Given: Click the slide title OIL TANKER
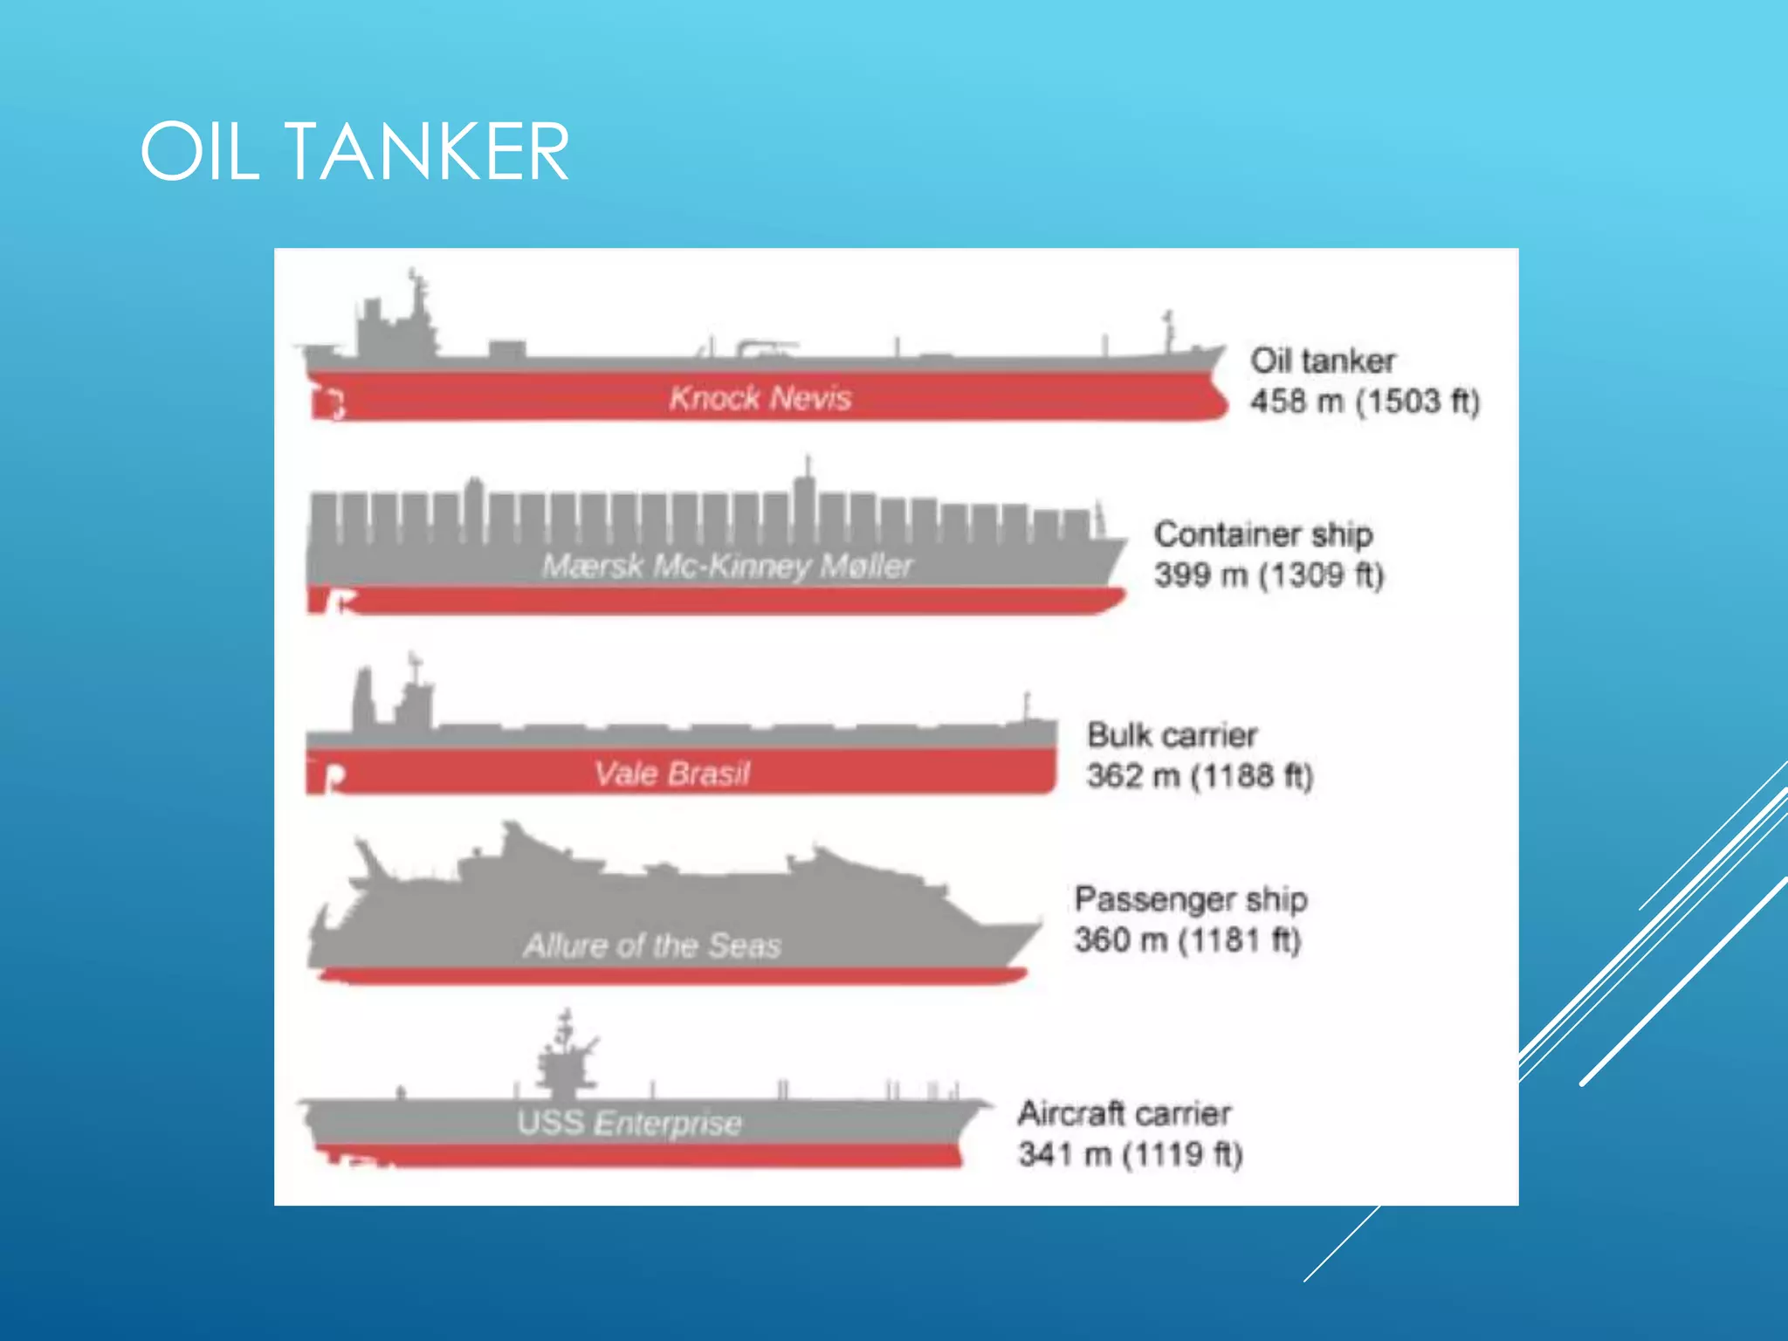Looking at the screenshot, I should pyautogui.click(x=354, y=152).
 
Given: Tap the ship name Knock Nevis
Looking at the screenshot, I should pyautogui.click(x=760, y=398).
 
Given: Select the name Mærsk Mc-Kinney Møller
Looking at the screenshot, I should pyautogui.click(x=727, y=566).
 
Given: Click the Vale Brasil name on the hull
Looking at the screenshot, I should pyautogui.click(x=672, y=774).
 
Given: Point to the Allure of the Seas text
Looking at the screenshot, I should pyautogui.click(x=651, y=946).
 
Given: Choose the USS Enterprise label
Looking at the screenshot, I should pyautogui.click(x=629, y=1123).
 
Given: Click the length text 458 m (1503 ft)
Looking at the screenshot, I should pyautogui.click(x=1365, y=402).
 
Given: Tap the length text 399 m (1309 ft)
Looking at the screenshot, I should pyautogui.click(x=1269, y=574).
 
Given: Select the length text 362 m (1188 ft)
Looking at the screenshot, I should pyautogui.click(x=1200, y=775).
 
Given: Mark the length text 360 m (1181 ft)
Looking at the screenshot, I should pyautogui.click(x=1187, y=940).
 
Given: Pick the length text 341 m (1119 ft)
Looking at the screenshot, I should pyautogui.click(x=1131, y=1154).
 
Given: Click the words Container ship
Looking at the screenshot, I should pyautogui.click(x=1263, y=534).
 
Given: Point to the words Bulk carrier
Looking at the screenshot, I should pyautogui.click(x=1172, y=735).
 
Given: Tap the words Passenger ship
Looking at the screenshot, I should pyautogui.click(x=1191, y=899).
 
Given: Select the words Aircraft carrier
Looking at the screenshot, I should pyautogui.click(x=1124, y=1113).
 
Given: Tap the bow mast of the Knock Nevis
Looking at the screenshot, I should pyautogui.click(x=1168, y=332).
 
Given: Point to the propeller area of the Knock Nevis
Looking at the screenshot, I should pyautogui.click(x=330, y=404).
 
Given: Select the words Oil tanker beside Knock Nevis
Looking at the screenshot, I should pyautogui.click(x=1323, y=361).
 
